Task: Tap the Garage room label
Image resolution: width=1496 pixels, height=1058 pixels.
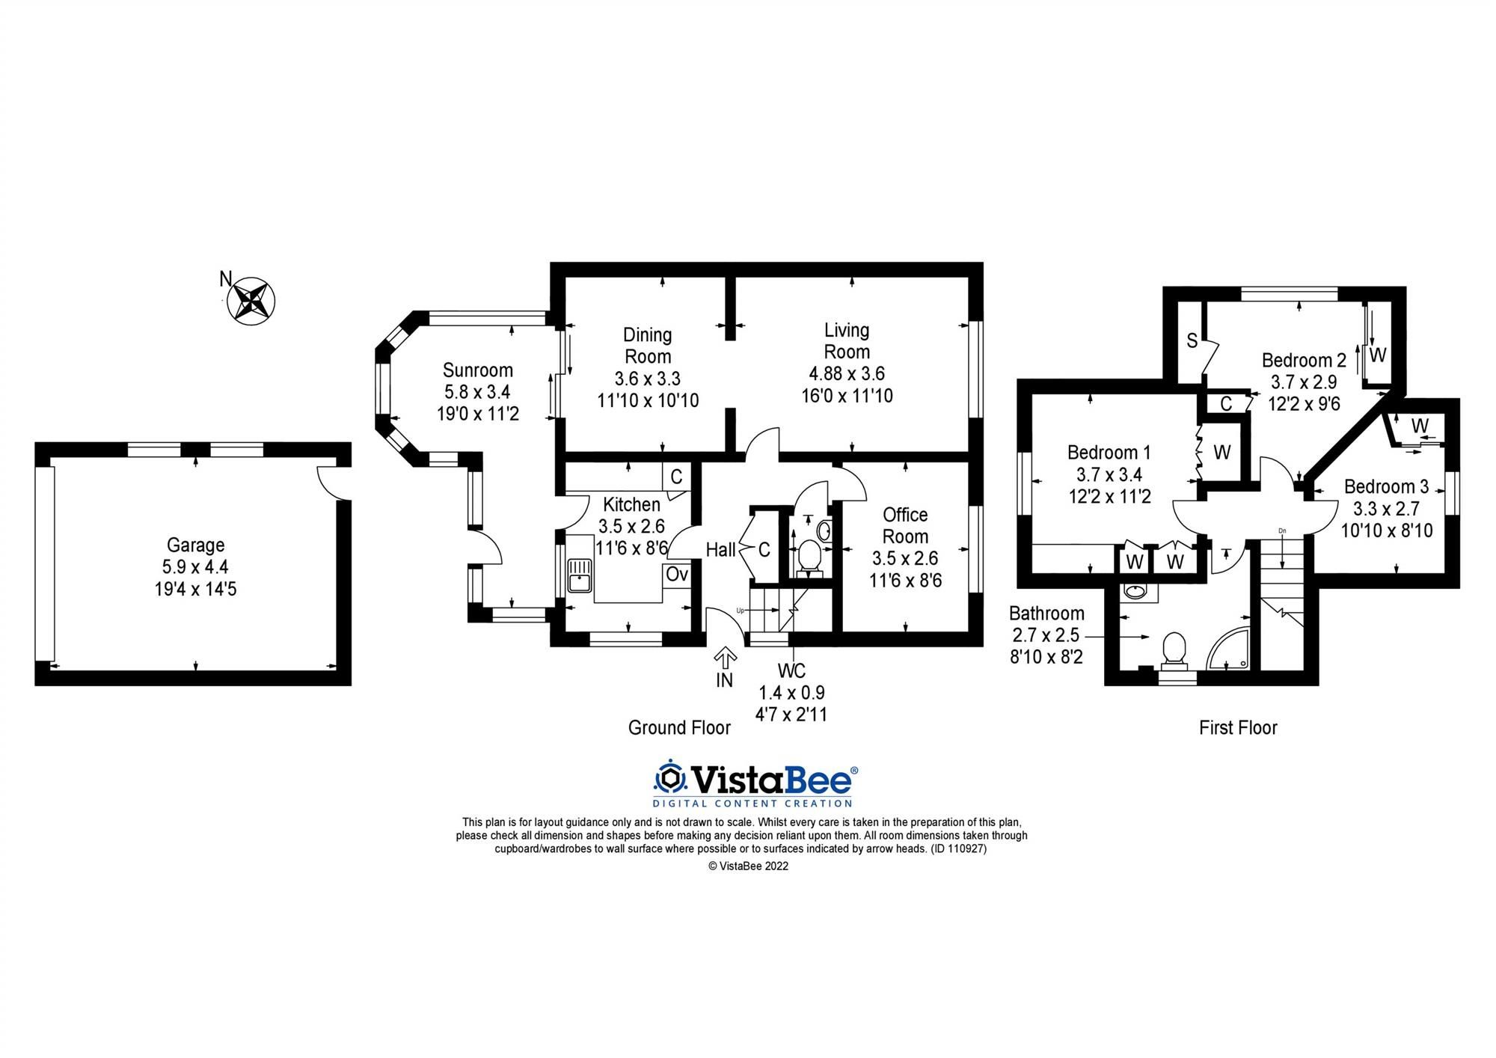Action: (195, 545)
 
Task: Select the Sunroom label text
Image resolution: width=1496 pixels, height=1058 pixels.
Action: (477, 370)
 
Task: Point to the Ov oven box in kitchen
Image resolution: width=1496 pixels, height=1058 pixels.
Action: (676, 575)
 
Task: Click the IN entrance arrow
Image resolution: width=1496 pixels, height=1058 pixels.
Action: (724, 658)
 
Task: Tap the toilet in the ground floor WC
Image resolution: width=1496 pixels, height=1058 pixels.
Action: (808, 557)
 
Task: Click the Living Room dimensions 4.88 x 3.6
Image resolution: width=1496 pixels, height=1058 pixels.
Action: (846, 373)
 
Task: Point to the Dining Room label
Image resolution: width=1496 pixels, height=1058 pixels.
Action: (648, 345)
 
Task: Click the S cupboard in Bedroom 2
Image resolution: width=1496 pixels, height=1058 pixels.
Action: (1192, 341)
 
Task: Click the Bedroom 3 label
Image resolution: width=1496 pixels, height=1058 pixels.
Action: (1386, 486)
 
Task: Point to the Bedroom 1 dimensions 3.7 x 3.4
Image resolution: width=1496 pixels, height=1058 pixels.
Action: (1109, 474)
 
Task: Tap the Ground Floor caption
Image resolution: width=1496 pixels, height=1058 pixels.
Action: (678, 727)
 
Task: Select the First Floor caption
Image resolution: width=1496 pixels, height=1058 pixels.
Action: (1238, 727)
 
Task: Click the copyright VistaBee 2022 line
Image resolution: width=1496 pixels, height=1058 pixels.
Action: (748, 866)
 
